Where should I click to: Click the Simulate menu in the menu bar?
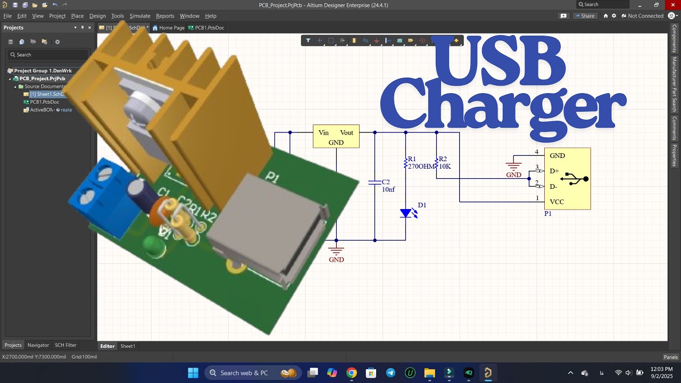point(140,16)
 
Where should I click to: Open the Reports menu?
point(165,16)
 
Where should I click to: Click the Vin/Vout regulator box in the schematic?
point(336,137)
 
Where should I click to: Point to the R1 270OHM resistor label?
point(419,163)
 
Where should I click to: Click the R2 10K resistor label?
point(444,163)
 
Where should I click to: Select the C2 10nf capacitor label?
point(388,186)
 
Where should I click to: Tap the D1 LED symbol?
point(406,213)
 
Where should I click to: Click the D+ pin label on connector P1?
point(554,171)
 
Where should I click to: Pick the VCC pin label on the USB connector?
point(557,202)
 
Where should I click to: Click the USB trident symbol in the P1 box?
point(574,179)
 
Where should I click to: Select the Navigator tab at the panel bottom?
point(38,345)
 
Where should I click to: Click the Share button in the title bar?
point(584,16)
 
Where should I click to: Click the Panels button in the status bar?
point(670,357)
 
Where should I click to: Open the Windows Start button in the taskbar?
point(193,373)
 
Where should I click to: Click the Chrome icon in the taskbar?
point(351,373)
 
